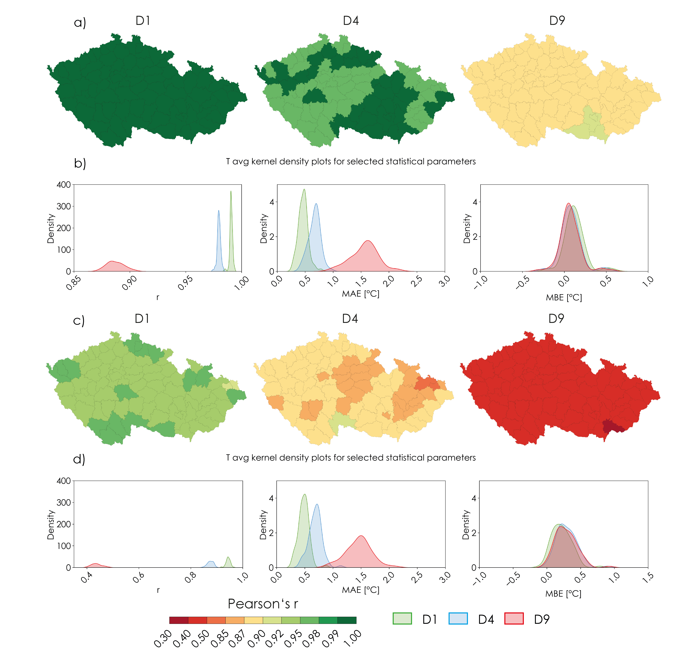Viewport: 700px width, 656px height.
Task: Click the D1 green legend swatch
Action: coord(402,618)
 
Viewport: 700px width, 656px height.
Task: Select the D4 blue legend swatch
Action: coord(458,618)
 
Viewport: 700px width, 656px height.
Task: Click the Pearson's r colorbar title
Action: coord(263,604)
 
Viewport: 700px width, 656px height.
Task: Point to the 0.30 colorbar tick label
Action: coord(163,639)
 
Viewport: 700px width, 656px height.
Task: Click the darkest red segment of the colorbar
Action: coord(179,620)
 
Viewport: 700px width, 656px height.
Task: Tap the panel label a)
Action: coord(80,22)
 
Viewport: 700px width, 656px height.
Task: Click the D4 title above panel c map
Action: coord(350,319)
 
